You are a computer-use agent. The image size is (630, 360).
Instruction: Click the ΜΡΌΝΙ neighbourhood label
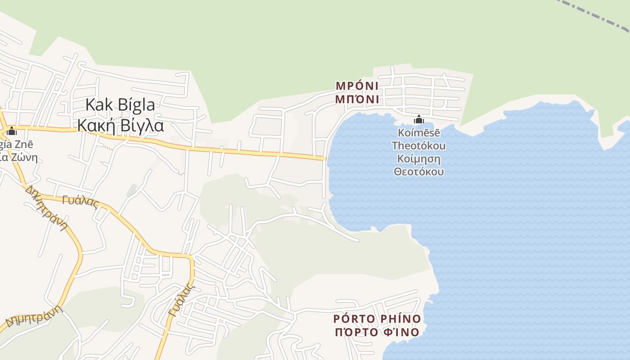[x=357, y=85]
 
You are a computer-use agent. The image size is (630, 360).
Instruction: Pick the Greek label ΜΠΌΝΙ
[x=357, y=99]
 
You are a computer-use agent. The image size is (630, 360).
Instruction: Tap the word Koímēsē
[x=419, y=133]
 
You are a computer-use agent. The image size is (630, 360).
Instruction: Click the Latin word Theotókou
[x=419, y=146]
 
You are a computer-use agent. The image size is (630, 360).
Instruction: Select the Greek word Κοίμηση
[x=419, y=159]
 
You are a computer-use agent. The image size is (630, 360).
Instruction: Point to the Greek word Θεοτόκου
[x=419, y=172]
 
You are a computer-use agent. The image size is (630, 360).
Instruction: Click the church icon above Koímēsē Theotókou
[x=419, y=120]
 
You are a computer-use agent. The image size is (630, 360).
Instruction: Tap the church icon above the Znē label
[x=12, y=131]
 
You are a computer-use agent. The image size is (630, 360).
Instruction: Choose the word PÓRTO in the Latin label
[x=354, y=319]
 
